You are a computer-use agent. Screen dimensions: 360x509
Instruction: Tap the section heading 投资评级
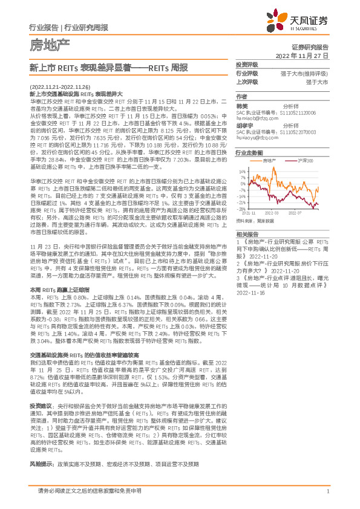tap(246, 64)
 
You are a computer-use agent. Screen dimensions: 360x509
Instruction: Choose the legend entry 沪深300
tap(306, 161)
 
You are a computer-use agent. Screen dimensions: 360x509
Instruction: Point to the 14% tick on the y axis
tap(243, 171)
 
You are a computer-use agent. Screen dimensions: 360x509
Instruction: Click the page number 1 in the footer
tap(327, 491)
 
